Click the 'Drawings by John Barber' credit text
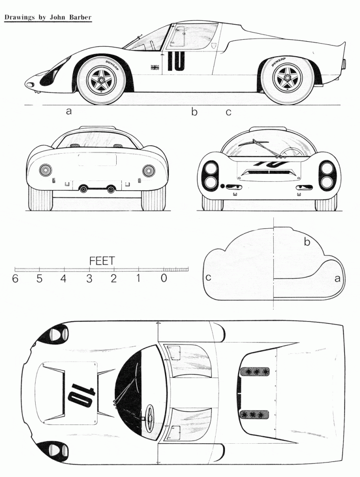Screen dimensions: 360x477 [x=48, y=17]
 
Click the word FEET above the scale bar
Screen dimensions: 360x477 [x=102, y=261]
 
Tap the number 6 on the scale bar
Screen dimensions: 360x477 [x=15, y=278]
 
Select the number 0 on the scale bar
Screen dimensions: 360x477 [x=164, y=278]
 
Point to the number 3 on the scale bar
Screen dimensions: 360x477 [x=89, y=278]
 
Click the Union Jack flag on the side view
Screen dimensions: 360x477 [x=155, y=67]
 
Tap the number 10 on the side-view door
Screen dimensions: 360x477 [x=176, y=61]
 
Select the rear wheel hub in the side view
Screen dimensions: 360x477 [x=287, y=77]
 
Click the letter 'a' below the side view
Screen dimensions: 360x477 [x=69, y=111]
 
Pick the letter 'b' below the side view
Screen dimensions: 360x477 [x=194, y=112]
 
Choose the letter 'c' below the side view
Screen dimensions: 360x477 [x=228, y=112]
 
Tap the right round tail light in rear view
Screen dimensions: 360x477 [x=149, y=170]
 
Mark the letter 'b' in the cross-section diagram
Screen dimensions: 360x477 [x=307, y=241]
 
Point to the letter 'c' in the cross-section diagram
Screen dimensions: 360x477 [x=209, y=277]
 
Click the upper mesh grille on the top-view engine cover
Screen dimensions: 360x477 [x=255, y=372]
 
